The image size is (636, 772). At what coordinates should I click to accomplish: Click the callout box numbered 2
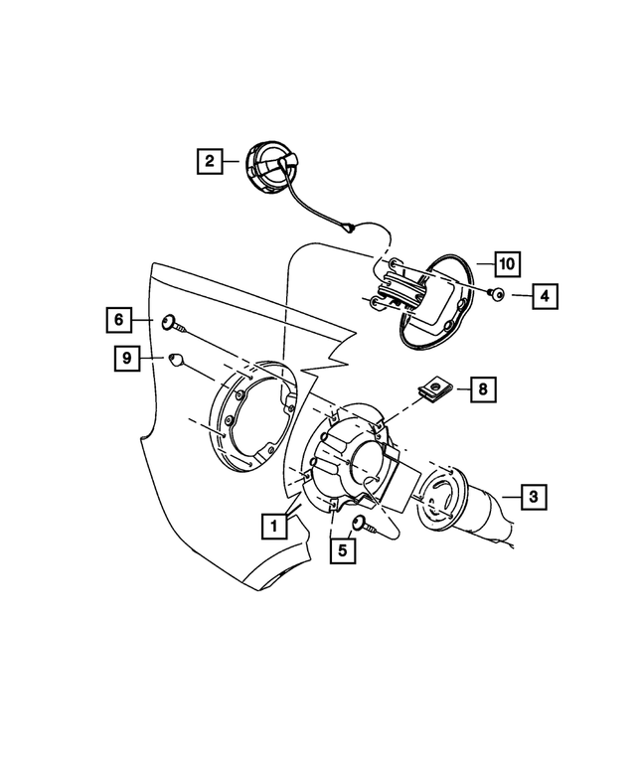209,160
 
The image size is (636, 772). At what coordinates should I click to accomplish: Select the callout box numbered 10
506,264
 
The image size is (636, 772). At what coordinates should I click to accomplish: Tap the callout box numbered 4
546,295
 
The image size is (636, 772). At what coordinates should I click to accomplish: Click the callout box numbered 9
126,358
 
